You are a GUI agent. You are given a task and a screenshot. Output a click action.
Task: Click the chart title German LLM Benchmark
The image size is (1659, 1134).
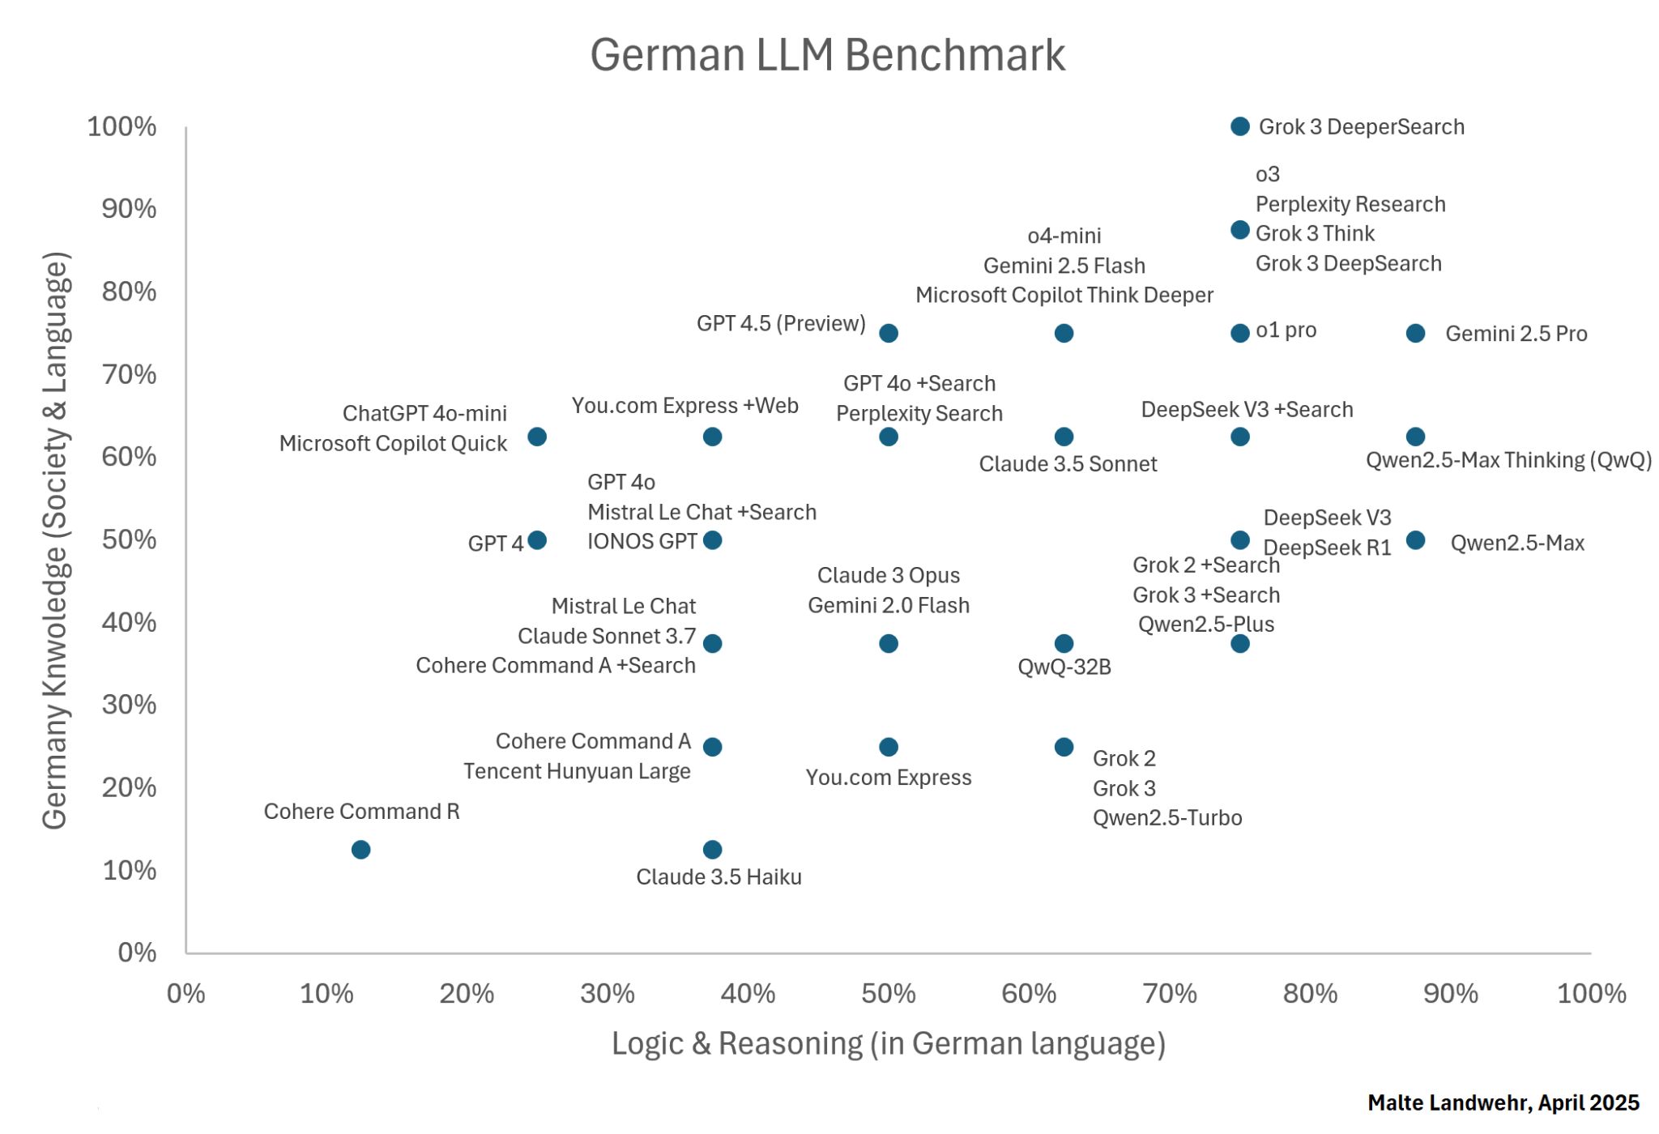827,55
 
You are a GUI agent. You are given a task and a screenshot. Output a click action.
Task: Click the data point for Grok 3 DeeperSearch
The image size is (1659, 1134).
1239,126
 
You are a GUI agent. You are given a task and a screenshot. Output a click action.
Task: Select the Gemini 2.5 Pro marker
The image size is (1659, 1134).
1415,333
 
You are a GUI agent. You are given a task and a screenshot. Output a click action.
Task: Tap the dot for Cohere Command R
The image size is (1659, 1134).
361,850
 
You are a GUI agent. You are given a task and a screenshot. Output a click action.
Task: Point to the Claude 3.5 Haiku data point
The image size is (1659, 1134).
712,850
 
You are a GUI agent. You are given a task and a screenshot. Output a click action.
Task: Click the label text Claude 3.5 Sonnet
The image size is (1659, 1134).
1068,464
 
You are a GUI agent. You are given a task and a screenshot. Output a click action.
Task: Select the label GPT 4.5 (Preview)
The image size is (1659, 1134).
781,323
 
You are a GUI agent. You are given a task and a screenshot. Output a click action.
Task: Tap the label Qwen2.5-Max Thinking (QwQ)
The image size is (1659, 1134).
1508,460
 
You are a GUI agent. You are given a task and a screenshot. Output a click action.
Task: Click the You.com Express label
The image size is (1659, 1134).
888,778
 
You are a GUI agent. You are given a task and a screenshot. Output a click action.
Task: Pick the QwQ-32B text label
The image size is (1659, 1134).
1064,667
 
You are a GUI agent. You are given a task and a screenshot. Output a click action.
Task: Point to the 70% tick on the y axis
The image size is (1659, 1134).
129,374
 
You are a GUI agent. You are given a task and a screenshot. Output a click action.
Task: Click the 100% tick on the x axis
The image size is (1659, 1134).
1591,994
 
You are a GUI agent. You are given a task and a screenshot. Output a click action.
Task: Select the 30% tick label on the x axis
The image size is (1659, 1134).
608,994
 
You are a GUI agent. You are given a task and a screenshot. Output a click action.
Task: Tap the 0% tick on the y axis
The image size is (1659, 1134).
137,953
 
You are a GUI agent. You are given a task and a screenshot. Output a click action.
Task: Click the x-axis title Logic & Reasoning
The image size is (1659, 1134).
888,1043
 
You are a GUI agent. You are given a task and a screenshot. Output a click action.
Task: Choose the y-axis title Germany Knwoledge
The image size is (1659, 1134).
55,540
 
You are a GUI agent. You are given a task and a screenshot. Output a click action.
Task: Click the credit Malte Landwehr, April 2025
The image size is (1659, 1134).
1503,1103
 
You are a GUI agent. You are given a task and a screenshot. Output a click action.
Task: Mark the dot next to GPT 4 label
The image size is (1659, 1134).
536,540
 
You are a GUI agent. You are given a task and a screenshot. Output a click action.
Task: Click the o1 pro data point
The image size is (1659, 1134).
1239,333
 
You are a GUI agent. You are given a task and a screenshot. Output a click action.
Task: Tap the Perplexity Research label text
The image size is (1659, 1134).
1350,204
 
